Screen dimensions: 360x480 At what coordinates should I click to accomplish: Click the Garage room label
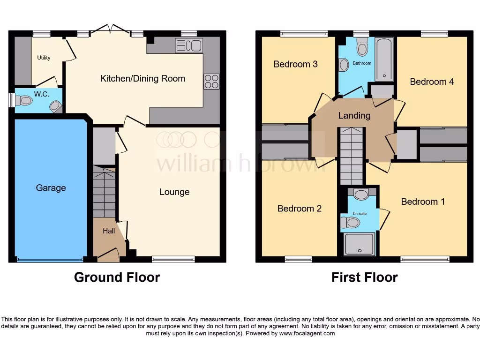[x=51, y=188]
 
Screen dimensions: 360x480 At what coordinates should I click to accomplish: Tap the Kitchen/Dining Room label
[x=142, y=79]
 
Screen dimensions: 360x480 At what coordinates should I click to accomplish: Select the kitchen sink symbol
[x=188, y=45]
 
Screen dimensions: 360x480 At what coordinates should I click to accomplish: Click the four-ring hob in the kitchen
[x=211, y=82]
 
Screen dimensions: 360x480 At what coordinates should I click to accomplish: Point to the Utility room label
[x=44, y=58]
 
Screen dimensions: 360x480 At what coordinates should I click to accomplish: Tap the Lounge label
[x=174, y=192]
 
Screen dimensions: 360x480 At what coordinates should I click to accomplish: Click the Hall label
[x=109, y=231]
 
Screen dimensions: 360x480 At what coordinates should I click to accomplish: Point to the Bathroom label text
[x=362, y=63]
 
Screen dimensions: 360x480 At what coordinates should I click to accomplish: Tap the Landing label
[x=354, y=115]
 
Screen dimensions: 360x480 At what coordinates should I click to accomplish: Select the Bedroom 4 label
[x=432, y=82]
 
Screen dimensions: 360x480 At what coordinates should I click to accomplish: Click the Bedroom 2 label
[x=300, y=209]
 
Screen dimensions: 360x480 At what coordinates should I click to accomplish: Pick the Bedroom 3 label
[x=296, y=64]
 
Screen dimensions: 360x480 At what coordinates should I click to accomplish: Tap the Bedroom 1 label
[x=423, y=202]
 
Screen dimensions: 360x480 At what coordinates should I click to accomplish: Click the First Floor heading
[x=364, y=277]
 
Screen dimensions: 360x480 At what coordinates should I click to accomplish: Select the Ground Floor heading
[x=117, y=277]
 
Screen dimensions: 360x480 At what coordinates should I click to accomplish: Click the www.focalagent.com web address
[x=307, y=333]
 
